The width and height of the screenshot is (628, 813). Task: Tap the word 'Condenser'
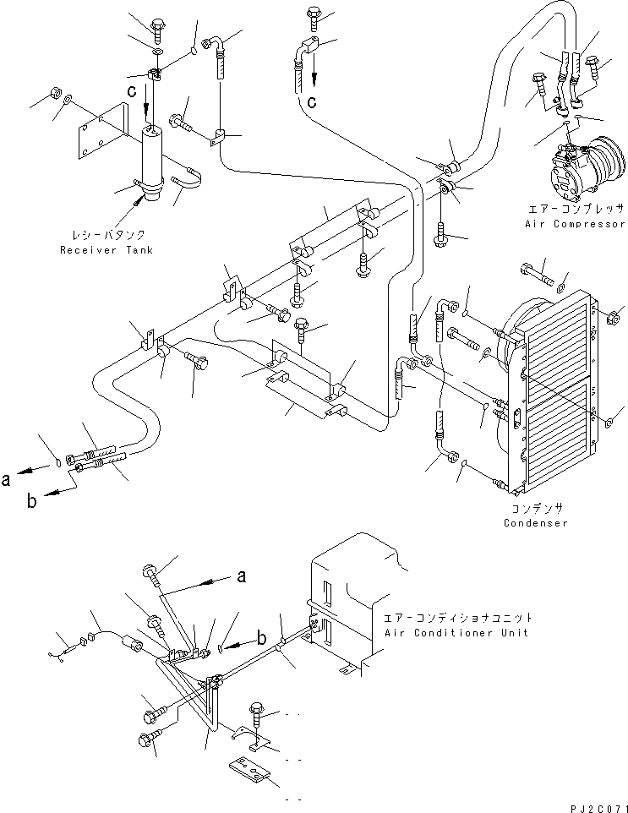(535, 523)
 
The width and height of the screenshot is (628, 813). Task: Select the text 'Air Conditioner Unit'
(456, 632)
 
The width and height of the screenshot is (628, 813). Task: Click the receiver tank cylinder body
(152, 161)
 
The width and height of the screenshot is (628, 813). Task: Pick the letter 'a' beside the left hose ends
(7, 479)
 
